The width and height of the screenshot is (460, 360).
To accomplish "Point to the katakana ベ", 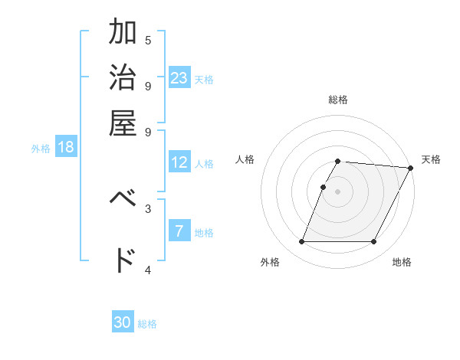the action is coord(123,198).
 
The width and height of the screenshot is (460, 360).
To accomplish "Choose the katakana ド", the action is coord(123,260).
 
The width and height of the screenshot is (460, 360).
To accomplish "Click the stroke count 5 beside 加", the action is coord(148,40).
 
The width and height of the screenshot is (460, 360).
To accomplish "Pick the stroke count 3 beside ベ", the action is coord(148,208).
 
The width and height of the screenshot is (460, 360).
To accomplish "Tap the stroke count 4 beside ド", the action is coord(148,270).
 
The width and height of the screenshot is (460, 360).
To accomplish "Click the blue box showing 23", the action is coord(179,77).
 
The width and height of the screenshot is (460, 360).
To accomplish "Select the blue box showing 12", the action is coord(179,162).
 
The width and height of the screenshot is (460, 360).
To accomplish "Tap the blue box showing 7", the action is coord(179,231).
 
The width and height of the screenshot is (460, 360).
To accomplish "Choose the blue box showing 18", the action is coord(66,147).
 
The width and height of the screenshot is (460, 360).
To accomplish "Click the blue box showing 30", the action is coord(123,322).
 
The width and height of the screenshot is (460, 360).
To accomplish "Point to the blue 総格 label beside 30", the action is coord(147,324).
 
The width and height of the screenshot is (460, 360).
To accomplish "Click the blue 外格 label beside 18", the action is coord(41,149).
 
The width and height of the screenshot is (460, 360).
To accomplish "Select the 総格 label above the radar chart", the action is coord(338,100).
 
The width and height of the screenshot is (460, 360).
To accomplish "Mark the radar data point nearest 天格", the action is coord(410,168).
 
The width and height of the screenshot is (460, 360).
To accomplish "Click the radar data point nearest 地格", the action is coord(374,242).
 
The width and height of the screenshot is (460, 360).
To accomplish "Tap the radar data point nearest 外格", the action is coord(301,242).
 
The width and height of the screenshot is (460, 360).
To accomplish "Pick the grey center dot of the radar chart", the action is coord(338,191).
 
